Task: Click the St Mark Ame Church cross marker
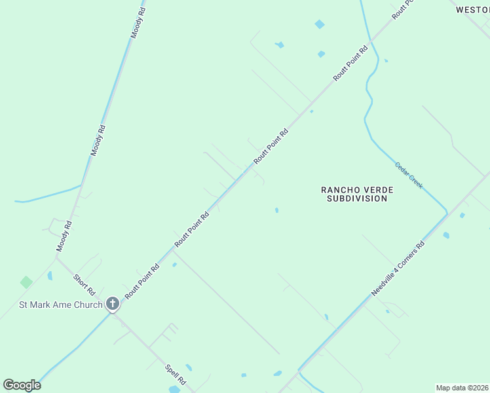click(x=113, y=304)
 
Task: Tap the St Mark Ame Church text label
click(x=60, y=305)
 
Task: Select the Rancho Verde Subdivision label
click(x=357, y=194)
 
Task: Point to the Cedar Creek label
click(x=409, y=175)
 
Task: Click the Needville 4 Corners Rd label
click(x=398, y=269)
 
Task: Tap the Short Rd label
click(x=85, y=284)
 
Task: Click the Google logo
click(x=22, y=385)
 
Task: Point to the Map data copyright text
click(x=462, y=388)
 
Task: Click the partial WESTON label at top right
click(x=472, y=10)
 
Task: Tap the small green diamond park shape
click(x=26, y=282)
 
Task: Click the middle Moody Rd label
click(x=98, y=140)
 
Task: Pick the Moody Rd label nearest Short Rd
click(x=64, y=236)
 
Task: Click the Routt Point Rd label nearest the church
click(x=142, y=281)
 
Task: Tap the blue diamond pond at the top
click(x=320, y=24)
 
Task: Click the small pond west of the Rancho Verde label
click(x=276, y=210)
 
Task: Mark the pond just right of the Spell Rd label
click(x=189, y=367)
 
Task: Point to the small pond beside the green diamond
click(x=49, y=276)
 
